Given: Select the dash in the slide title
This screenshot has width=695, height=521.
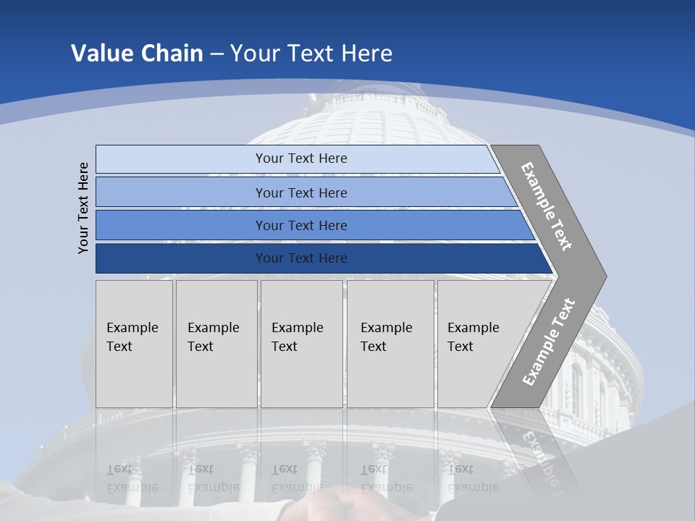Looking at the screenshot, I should pyautogui.click(x=216, y=54).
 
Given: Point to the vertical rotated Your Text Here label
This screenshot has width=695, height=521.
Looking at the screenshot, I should pyautogui.click(x=83, y=208).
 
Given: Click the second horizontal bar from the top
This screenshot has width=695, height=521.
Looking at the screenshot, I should pyautogui.click(x=300, y=192).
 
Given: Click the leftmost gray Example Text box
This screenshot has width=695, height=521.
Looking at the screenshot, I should pyautogui.click(x=134, y=344).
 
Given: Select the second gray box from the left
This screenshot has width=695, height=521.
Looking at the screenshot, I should pyautogui.click(x=216, y=344).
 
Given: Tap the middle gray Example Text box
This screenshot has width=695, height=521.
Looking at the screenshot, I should pyautogui.click(x=301, y=344).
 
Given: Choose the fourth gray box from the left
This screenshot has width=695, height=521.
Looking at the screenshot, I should pyautogui.click(x=390, y=344).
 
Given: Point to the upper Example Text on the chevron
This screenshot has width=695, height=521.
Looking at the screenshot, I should pyautogui.click(x=547, y=206).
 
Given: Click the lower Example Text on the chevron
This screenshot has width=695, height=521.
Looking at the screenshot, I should pyautogui.click(x=548, y=342).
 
